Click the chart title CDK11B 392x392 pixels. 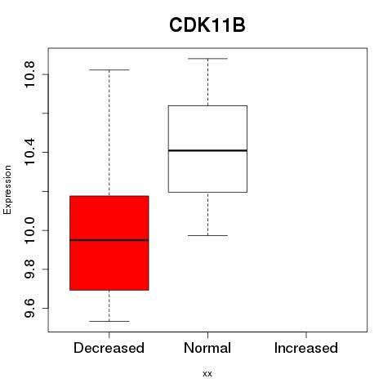[x=207, y=25]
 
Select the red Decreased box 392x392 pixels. [x=109, y=243]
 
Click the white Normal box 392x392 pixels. [x=207, y=149]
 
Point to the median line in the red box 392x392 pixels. [x=109, y=240]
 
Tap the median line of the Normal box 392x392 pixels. [x=207, y=150]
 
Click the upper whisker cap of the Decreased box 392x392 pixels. [x=109, y=70]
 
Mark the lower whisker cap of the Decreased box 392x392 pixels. [x=109, y=321]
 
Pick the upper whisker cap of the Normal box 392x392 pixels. [x=207, y=59]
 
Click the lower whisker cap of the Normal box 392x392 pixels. [x=207, y=235]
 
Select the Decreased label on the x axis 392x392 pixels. [x=109, y=348]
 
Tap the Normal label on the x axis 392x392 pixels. [x=207, y=348]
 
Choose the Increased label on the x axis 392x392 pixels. [x=306, y=348]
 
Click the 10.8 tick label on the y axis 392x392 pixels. [x=29, y=74]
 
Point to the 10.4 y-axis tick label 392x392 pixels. [x=29, y=152]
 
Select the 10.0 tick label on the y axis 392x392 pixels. [x=29, y=230]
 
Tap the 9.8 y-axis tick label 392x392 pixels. [x=29, y=269]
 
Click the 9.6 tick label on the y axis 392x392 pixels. [x=29, y=308]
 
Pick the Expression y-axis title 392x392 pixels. [x=7, y=190]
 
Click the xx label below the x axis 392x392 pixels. [x=207, y=374]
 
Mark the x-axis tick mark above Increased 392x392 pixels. [x=306, y=335]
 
